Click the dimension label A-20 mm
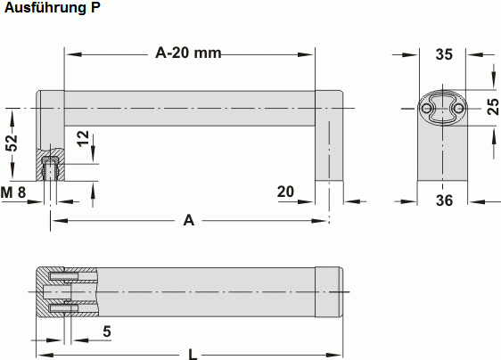[x=188, y=53]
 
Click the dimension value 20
[x=286, y=192]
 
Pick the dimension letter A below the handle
[x=188, y=220]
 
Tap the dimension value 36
[x=444, y=200]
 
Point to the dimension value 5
[x=107, y=331]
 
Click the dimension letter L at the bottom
[x=193, y=355]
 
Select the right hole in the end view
[x=458, y=108]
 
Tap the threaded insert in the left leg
[x=52, y=166]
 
